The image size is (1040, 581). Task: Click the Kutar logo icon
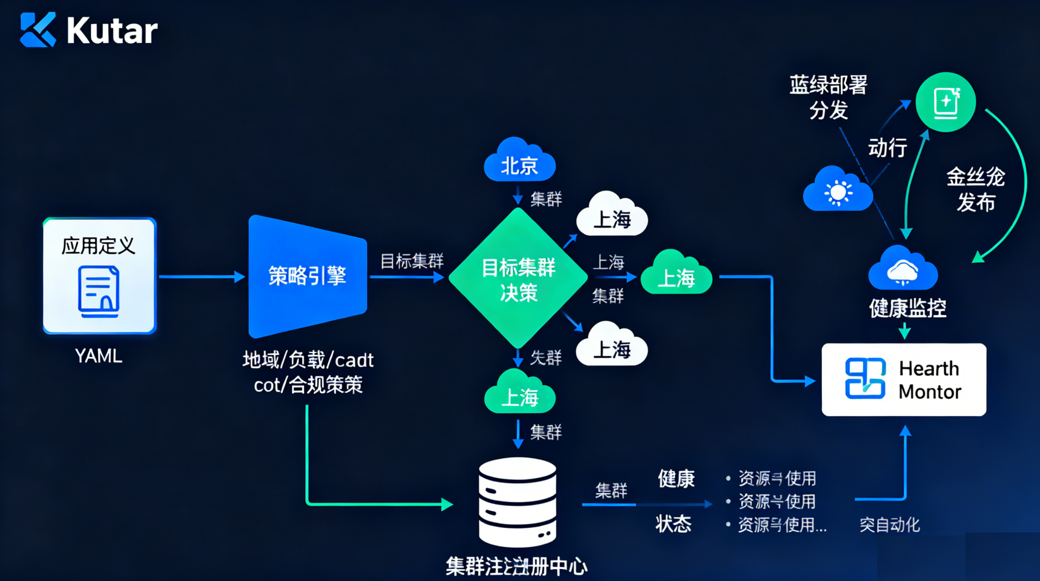coord(38,30)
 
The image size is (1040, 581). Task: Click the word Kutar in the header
coord(112,30)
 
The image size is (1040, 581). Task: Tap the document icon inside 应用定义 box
coord(99,291)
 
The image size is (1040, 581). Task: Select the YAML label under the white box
coord(99,356)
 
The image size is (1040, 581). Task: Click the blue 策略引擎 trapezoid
coord(308,276)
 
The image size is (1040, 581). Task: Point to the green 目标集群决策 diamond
coord(518,279)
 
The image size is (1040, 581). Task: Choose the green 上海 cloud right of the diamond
coord(676,275)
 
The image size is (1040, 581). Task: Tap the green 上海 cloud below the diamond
coord(519,394)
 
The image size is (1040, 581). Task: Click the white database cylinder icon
coord(517,502)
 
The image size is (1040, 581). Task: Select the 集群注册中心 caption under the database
coord(516,566)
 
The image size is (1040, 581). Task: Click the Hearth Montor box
coord(904,380)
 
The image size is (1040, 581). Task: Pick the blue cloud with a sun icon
coord(838,190)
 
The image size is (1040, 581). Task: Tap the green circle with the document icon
coord(945,102)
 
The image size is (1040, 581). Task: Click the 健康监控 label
coord(907,308)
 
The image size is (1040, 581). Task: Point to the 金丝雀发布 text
coord(976,189)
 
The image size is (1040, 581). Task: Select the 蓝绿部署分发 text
coord(828,97)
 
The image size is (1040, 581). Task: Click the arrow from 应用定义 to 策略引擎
coord(201,277)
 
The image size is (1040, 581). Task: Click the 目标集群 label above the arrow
coord(411,261)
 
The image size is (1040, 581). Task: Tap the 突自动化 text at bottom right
coord(889,525)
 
